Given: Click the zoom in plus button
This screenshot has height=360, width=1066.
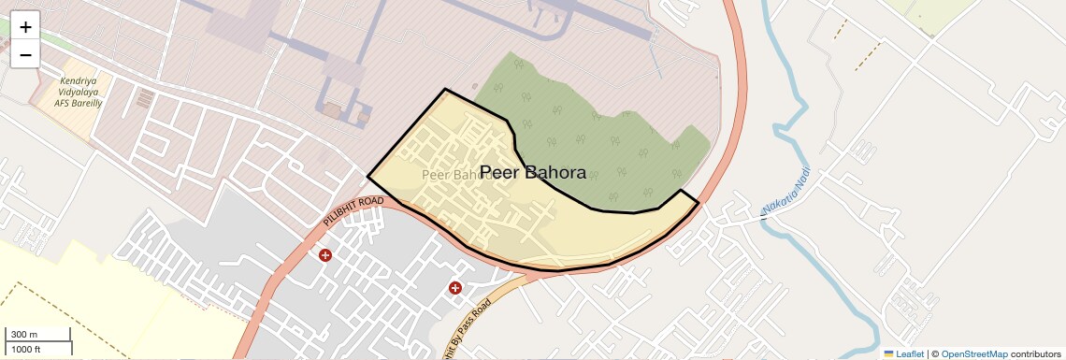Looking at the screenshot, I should [25, 27].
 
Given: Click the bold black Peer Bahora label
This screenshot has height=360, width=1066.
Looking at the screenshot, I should [532, 173].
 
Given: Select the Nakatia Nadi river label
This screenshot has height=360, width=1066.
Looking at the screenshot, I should [785, 193].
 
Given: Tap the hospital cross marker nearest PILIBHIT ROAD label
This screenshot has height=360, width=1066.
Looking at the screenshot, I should [325, 255].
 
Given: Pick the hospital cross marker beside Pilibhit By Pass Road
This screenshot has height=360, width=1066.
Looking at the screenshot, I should [455, 288].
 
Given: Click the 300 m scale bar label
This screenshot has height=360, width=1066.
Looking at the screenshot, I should [24, 335].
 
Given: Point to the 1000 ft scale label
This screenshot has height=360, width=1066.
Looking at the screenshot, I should [25, 349].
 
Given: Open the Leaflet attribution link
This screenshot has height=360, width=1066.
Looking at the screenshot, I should [909, 353].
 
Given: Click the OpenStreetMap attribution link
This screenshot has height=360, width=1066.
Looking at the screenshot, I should [973, 353].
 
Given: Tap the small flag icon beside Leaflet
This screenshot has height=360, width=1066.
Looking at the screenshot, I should [888, 353].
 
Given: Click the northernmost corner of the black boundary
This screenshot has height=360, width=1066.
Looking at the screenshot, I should [444, 90].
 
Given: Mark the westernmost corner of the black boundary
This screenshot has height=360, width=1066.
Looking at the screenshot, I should [367, 175].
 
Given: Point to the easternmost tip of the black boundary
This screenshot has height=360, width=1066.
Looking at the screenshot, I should [699, 202].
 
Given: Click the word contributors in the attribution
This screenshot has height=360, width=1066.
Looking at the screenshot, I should [1035, 353].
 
